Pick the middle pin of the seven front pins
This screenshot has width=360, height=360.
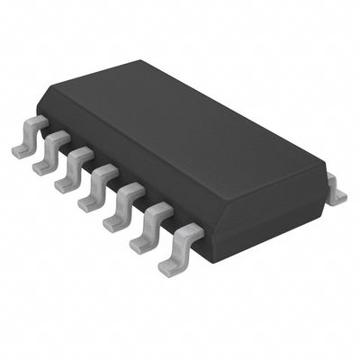100,184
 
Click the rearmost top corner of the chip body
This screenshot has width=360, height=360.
140,61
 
